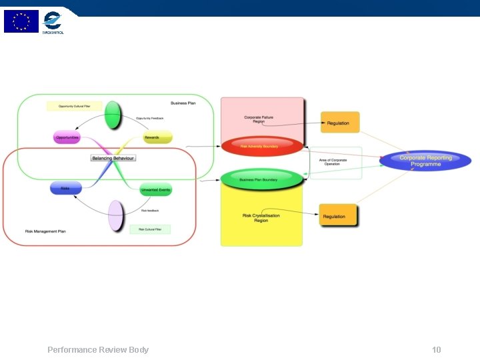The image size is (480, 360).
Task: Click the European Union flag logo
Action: pyautogui.click(x=21, y=21)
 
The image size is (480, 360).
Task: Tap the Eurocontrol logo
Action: pyautogui.click(x=53, y=23)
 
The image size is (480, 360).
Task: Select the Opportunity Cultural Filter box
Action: pyautogui.click(x=74, y=106)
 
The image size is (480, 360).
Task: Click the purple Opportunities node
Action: pyautogui.click(x=67, y=137)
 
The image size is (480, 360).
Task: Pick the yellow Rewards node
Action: pyautogui.click(x=158, y=137)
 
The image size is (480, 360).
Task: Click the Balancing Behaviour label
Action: pyautogui.click(x=113, y=158)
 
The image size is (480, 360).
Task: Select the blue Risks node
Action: pyautogui.click(x=65, y=189)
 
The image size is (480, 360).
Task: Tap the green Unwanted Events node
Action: pyautogui.click(x=156, y=190)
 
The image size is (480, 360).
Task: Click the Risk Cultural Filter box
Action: pyautogui.click(x=150, y=229)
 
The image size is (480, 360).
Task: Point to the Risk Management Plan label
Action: pyautogui.click(x=45, y=231)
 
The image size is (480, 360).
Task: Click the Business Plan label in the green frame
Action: pyautogui.click(x=183, y=103)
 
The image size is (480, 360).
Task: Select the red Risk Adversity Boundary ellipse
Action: pyautogui.click(x=262, y=146)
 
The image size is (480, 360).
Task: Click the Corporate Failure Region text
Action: pyautogui.click(x=259, y=119)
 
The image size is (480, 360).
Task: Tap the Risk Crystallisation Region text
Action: pyautogui.click(x=261, y=218)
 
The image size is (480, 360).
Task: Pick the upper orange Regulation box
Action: pyautogui.click(x=340, y=123)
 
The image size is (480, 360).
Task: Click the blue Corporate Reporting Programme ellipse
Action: pyautogui.click(x=425, y=161)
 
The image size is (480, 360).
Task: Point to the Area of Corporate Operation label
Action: pyautogui.click(x=333, y=162)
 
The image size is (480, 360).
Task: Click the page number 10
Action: pyautogui.click(x=437, y=350)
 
